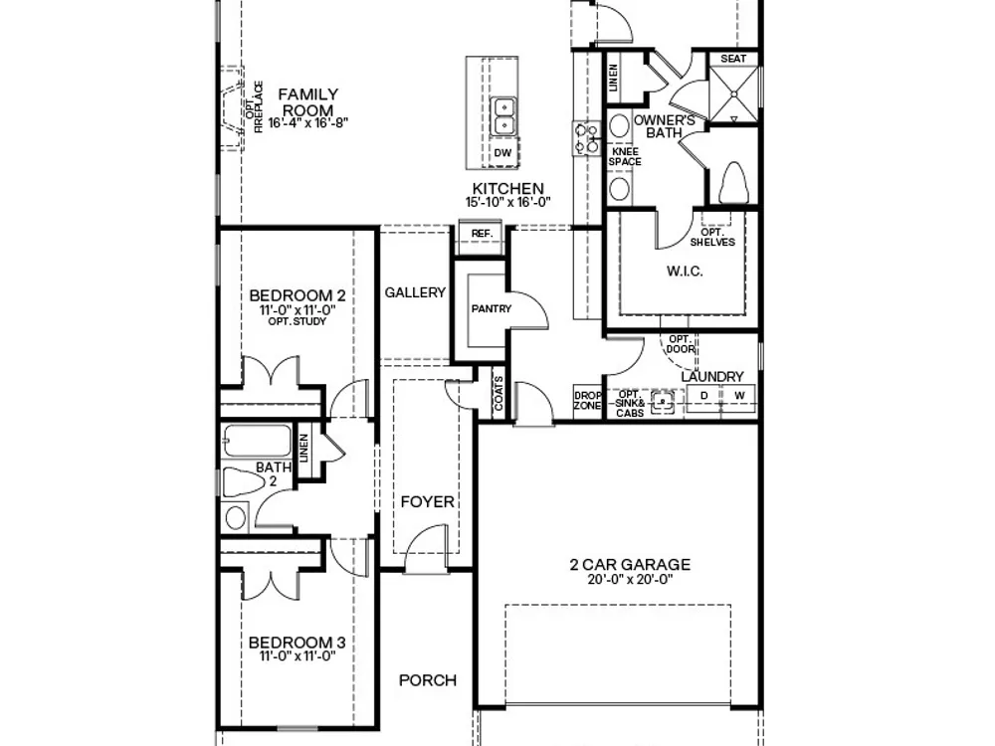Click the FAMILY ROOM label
click(x=308, y=102)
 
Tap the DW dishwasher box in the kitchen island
click(x=502, y=153)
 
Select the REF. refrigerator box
click(x=482, y=234)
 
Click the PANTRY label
click(x=492, y=309)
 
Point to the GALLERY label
click(x=415, y=292)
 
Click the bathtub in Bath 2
click(x=257, y=441)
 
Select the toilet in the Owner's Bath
click(x=733, y=183)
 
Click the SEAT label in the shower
click(x=733, y=59)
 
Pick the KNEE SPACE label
click(x=625, y=157)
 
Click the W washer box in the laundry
click(x=739, y=396)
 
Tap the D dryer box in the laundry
click(x=703, y=396)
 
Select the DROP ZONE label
click(x=588, y=400)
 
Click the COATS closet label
click(x=498, y=393)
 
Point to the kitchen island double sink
click(x=504, y=116)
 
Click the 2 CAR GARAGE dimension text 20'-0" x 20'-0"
click(x=630, y=579)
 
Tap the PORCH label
click(x=428, y=680)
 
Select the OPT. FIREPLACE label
click(x=254, y=106)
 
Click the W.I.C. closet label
click(x=685, y=272)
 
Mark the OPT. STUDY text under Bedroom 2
click(x=297, y=321)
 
